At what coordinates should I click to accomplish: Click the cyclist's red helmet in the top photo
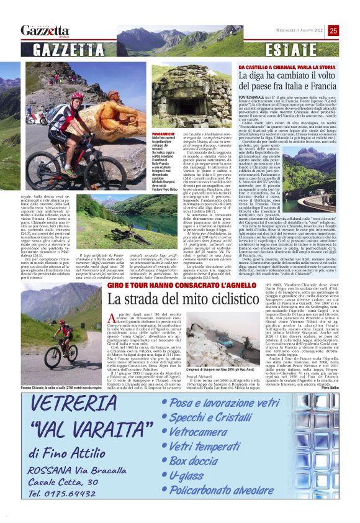coord(77,96)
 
